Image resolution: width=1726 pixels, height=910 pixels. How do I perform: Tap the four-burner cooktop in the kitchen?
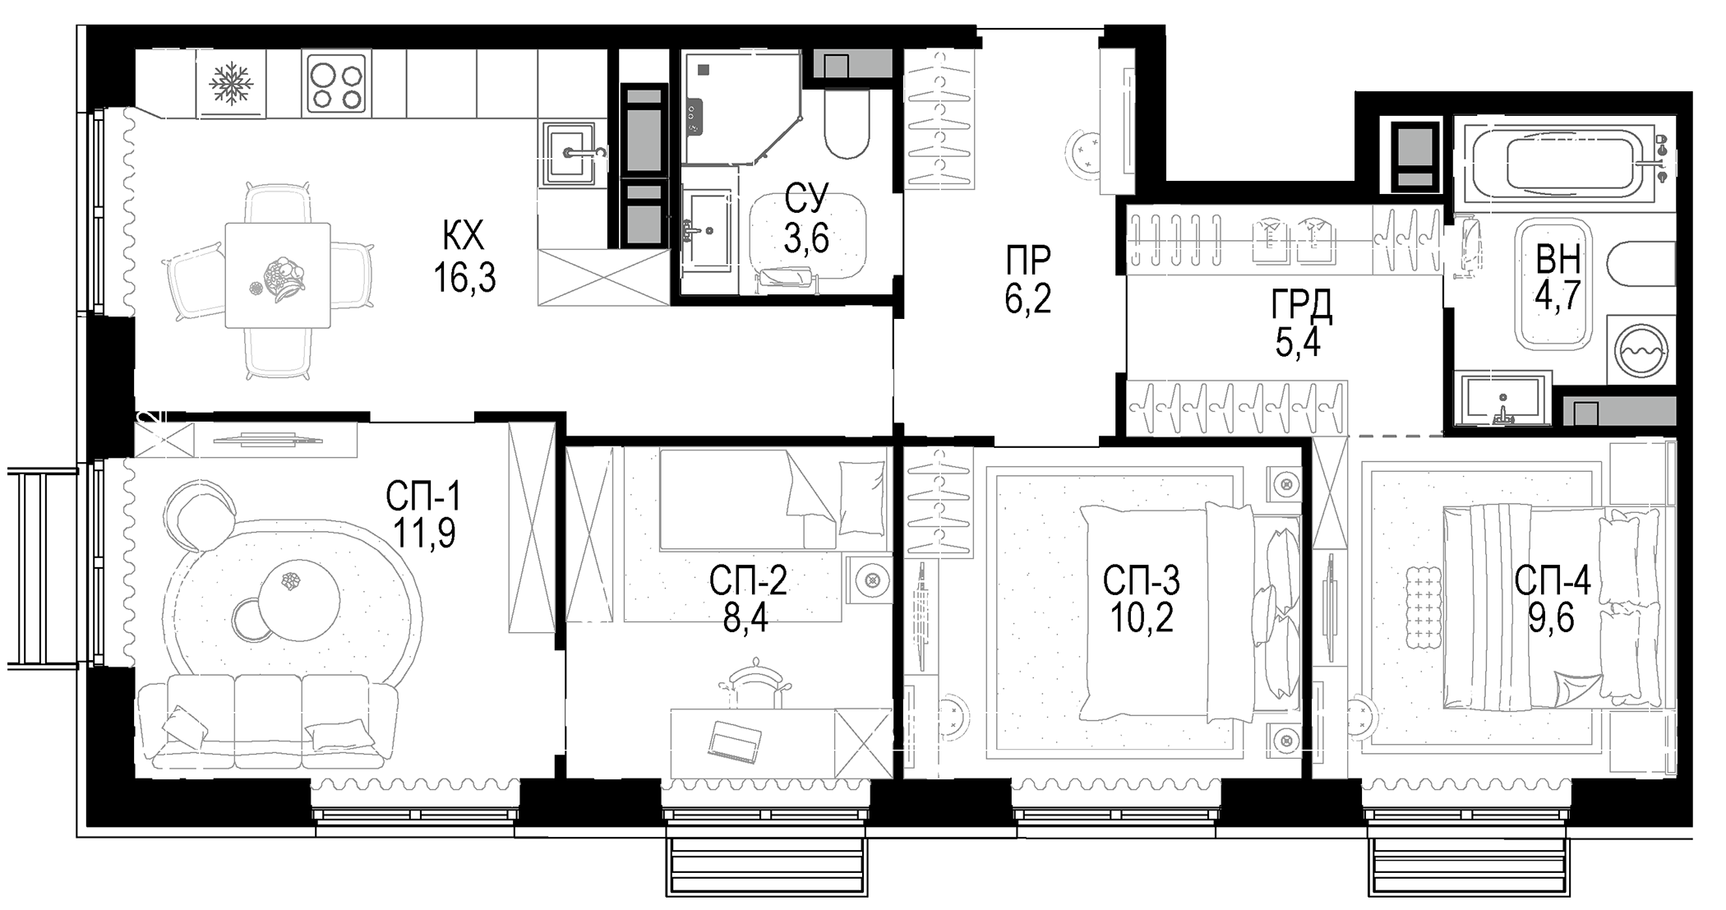pyautogui.click(x=336, y=84)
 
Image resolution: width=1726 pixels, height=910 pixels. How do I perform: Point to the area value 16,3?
pyautogui.click(x=464, y=279)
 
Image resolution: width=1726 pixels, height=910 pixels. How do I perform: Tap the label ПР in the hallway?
pyautogui.click(x=1027, y=261)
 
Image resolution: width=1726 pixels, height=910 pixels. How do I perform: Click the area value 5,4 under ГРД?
pyautogui.click(x=1298, y=342)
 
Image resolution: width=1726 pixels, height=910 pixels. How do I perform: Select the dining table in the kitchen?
pyautogui.click(x=278, y=275)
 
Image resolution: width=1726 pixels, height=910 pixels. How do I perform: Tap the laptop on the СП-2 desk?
pyautogui.click(x=734, y=740)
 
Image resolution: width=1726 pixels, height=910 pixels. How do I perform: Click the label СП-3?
pyautogui.click(x=1141, y=581)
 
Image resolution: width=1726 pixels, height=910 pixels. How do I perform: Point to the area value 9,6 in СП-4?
pyautogui.click(x=1551, y=618)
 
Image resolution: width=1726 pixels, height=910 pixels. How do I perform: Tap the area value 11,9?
pyautogui.click(x=424, y=534)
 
